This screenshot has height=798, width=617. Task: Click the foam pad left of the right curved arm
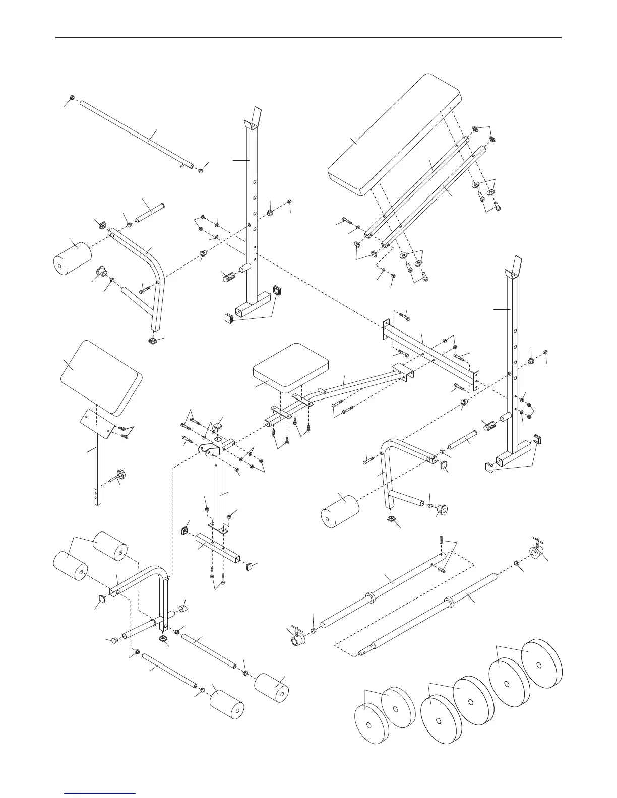click(x=339, y=510)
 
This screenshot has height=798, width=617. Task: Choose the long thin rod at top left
click(x=136, y=134)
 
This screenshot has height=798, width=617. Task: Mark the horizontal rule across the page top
click(x=308, y=38)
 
